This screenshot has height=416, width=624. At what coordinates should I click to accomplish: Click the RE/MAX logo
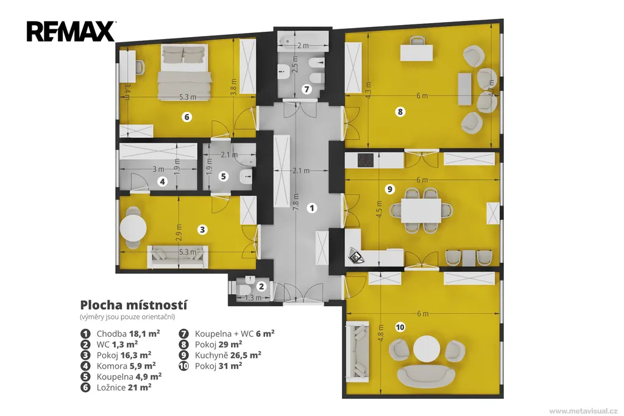tap(71, 32)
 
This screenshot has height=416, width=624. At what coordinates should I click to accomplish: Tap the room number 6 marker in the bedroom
tap(186, 117)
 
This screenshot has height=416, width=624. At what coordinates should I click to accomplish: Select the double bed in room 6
tap(184, 72)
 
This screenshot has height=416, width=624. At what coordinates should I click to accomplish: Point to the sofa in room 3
tap(177, 257)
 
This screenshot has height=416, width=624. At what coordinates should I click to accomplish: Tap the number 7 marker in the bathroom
tap(307, 89)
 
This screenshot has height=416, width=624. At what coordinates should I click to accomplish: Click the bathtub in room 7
tap(303, 43)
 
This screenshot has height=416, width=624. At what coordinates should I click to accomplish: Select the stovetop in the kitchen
tap(366, 160)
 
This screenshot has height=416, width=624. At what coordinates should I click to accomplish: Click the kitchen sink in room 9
tap(356, 256)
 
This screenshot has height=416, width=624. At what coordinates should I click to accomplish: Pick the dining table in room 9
tap(421, 210)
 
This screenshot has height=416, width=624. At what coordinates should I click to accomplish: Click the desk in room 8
tap(416, 53)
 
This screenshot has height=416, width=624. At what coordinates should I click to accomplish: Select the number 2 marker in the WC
tap(261, 286)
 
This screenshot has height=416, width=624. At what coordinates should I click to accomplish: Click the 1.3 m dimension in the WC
tap(253, 298)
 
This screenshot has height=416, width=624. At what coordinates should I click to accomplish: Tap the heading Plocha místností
tap(133, 305)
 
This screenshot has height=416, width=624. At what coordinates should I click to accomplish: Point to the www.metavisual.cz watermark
tap(583, 411)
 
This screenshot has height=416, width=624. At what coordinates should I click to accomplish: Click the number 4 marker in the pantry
tap(162, 182)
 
